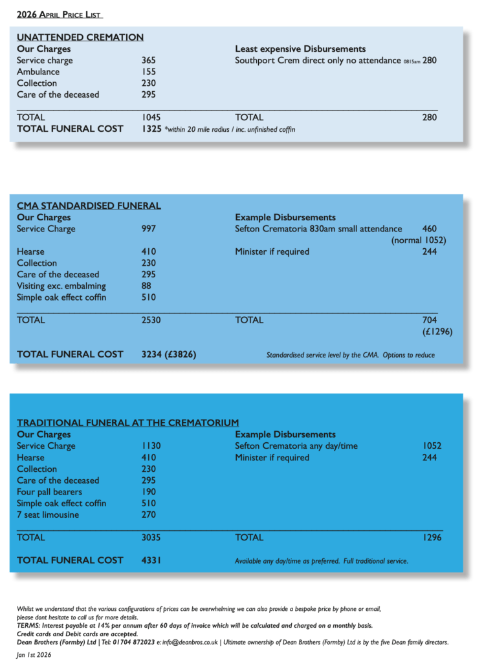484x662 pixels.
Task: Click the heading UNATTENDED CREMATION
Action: pyautogui.click(x=80, y=37)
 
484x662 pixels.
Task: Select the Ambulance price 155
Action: pyautogui.click(x=149, y=72)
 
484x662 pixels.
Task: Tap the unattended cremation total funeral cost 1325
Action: pyautogui.click(x=151, y=129)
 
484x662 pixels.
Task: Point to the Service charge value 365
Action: pyautogui.click(x=149, y=61)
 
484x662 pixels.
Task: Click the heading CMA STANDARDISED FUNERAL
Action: pyautogui.click(x=89, y=206)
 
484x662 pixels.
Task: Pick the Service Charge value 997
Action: pyautogui.click(x=149, y=229)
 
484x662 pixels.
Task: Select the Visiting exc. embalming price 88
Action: pyautogui.click(x=146, y=286)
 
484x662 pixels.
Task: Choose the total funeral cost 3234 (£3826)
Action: pyautogui.click(x=169, y=354)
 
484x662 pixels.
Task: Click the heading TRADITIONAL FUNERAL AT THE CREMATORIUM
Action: pyautogui.click(x=127, y=423)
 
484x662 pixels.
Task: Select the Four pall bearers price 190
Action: pyautogui.click(x=149, y=492)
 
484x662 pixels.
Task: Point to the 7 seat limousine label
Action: pyautogui.click(x=49, y=515)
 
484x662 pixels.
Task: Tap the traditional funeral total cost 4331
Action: pyautogui.click(x=151, y=561)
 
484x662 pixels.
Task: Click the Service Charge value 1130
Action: pyautogui.click(x=151, y=446)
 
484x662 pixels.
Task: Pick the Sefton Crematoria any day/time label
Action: pyautogui.click(x=296, y=446)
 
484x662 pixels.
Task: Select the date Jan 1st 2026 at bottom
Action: pyautogui.click(x=34, y=655)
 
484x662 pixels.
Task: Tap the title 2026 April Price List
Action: pyautogui.click(x=60, y=15)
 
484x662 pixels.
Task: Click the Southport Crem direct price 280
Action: pyautogui.click(x=430, y=61)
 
